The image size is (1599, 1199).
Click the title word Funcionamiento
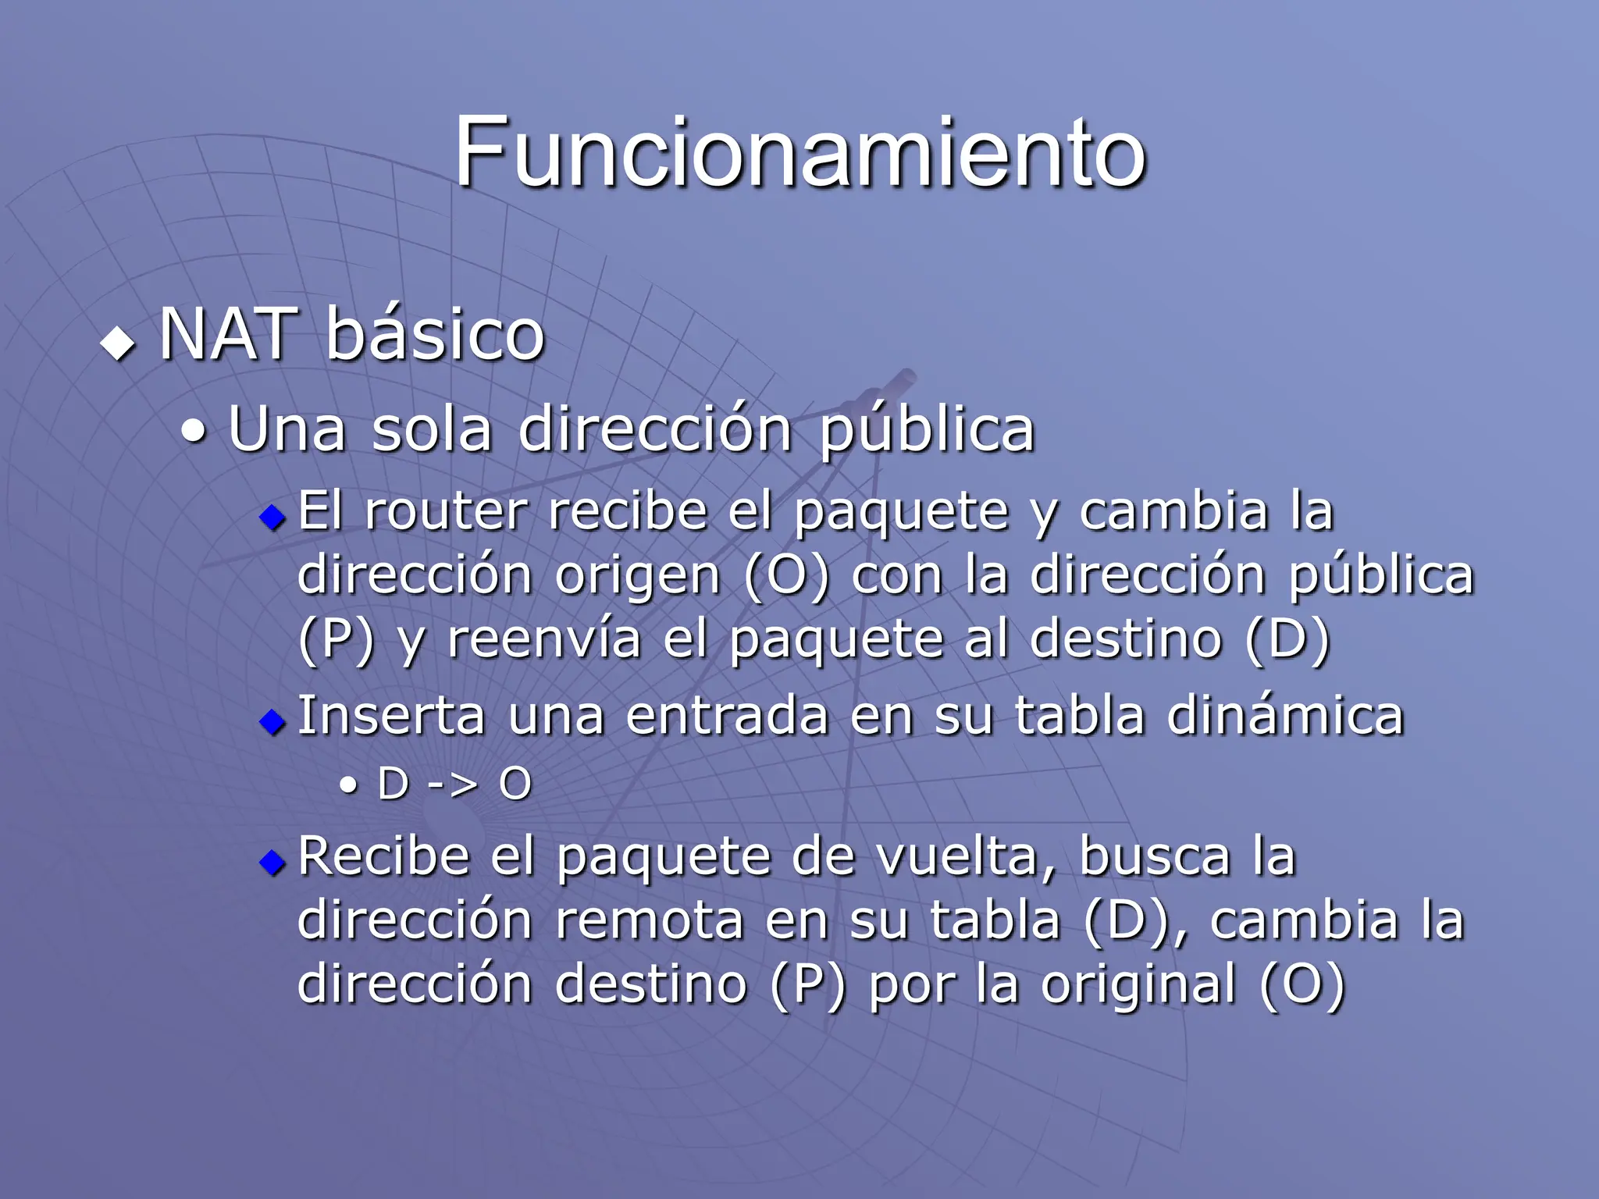(x=799, y=152)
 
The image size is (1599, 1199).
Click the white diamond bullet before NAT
(x=118, y=343)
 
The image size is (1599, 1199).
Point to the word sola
(x=432, y=429)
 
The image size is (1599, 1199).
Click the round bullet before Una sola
(x=194, y=432)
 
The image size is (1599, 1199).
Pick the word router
(x=446, y=511)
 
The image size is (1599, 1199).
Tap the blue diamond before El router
(x=272, y=517)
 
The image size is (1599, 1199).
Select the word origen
(x=637, y=577)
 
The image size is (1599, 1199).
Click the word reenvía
(x=543, y=639)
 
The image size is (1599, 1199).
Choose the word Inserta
(x=391, y=715)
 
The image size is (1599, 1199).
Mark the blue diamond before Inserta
(x=272, y=721)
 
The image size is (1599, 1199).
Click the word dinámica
(x=1285, y=715)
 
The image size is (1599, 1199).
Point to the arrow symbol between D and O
(x=453, y=783)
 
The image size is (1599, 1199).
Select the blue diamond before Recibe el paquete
(x=272, y=863)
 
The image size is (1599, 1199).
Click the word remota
(x=650, y=920)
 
